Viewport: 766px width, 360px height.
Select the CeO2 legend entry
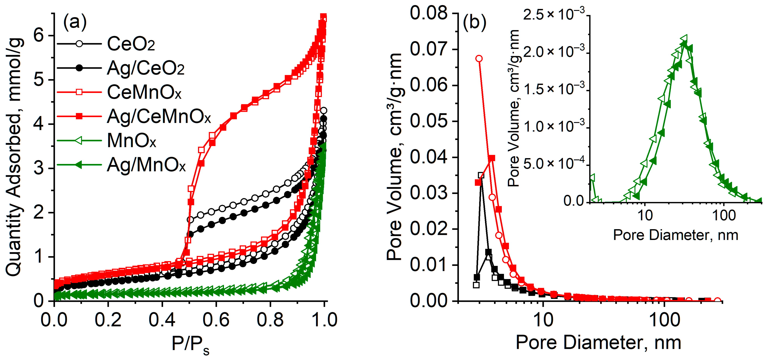click(131, 44)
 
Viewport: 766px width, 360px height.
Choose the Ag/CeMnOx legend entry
click(158, 116)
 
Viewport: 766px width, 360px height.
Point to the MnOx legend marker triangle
click(79, 140)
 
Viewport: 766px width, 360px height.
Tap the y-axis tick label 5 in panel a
click(39, 80)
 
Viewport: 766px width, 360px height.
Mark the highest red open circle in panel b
click(479, 58)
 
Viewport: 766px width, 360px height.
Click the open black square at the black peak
click(481, 175)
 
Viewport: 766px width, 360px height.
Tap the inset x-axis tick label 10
click(645, 215)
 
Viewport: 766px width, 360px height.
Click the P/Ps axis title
click(190, 345)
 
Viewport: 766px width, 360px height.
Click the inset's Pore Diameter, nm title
click(676, 235)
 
